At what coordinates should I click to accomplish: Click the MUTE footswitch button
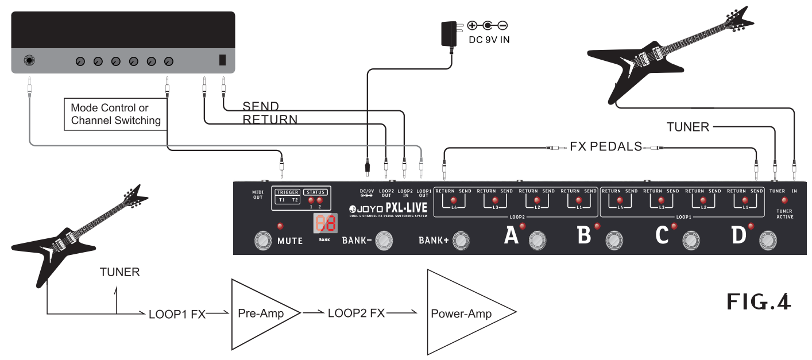pos(264,241)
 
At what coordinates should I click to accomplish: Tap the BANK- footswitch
pos(384,241)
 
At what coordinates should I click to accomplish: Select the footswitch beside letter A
pos(537,239)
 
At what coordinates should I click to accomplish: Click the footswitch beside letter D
pos(766,239)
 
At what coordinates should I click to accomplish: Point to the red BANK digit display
pos(324,224)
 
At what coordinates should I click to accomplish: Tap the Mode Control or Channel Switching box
pos(115,114)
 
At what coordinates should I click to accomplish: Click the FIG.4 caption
pos(758,301)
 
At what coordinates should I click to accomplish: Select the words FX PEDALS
pos(606,147)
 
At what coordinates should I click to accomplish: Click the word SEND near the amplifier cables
pos(261,106)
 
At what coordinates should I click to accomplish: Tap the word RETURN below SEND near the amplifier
pos(269,119)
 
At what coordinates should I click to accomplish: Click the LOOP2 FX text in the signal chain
pos(356,313)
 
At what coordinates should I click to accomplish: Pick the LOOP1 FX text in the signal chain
pos(176,314)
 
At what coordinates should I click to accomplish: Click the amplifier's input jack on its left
pos(29,60)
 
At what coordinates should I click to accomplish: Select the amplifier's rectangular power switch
pos(223,60)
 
